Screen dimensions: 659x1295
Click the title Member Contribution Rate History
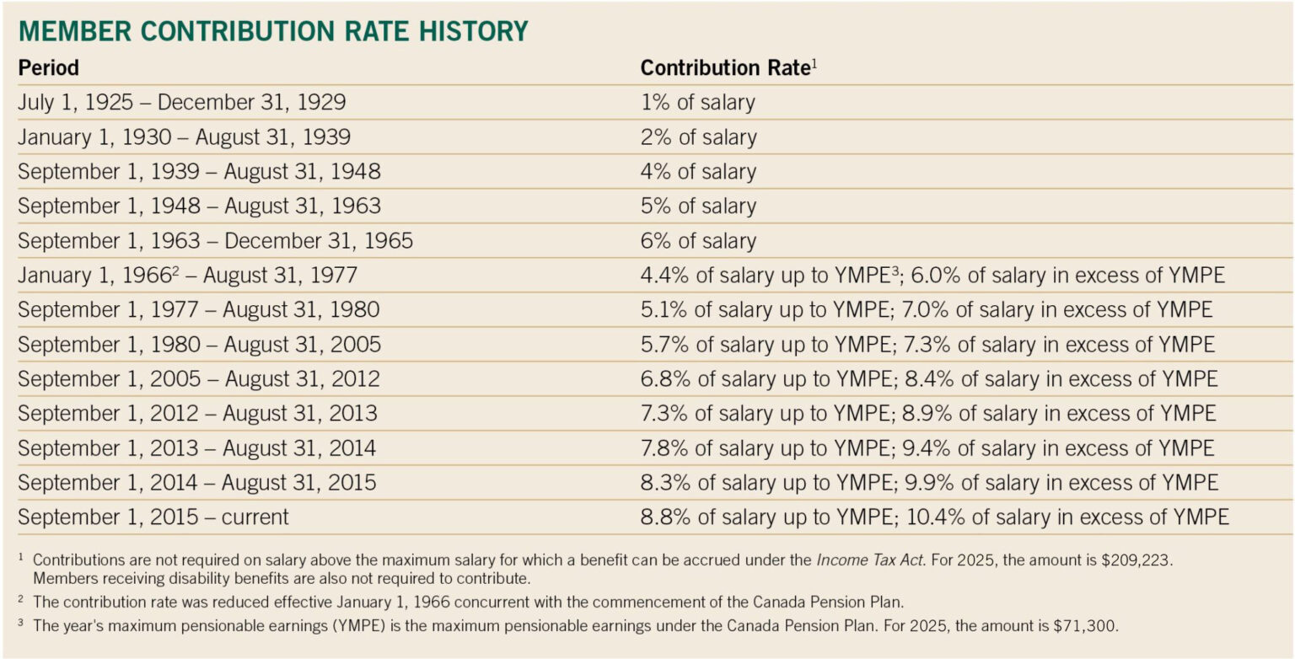point(273,31)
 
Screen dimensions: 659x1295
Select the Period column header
point(48,67)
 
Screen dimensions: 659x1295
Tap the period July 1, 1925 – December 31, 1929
point(181,103)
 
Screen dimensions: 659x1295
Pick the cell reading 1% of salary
point(697,103)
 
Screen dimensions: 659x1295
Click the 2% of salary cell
point(698,137)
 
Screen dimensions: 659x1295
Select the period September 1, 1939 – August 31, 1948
point(199,172)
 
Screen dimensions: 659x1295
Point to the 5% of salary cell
point(698,206)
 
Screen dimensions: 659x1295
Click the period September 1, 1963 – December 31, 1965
point(215,241)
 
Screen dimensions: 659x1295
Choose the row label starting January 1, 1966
point(187,276)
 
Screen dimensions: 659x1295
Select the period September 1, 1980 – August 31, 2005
point(199,345)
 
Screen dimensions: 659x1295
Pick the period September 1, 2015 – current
point(153,517)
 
